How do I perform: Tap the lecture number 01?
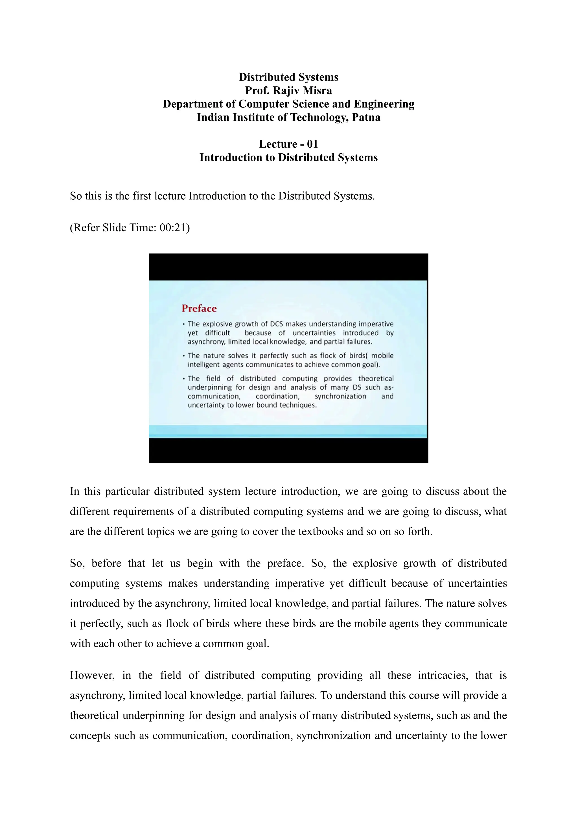point(312,144)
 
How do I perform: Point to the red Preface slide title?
point(199,308)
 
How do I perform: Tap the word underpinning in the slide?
point(210,387)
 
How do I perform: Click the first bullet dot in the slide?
point(184,324)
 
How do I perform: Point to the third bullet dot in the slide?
point(184,379)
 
